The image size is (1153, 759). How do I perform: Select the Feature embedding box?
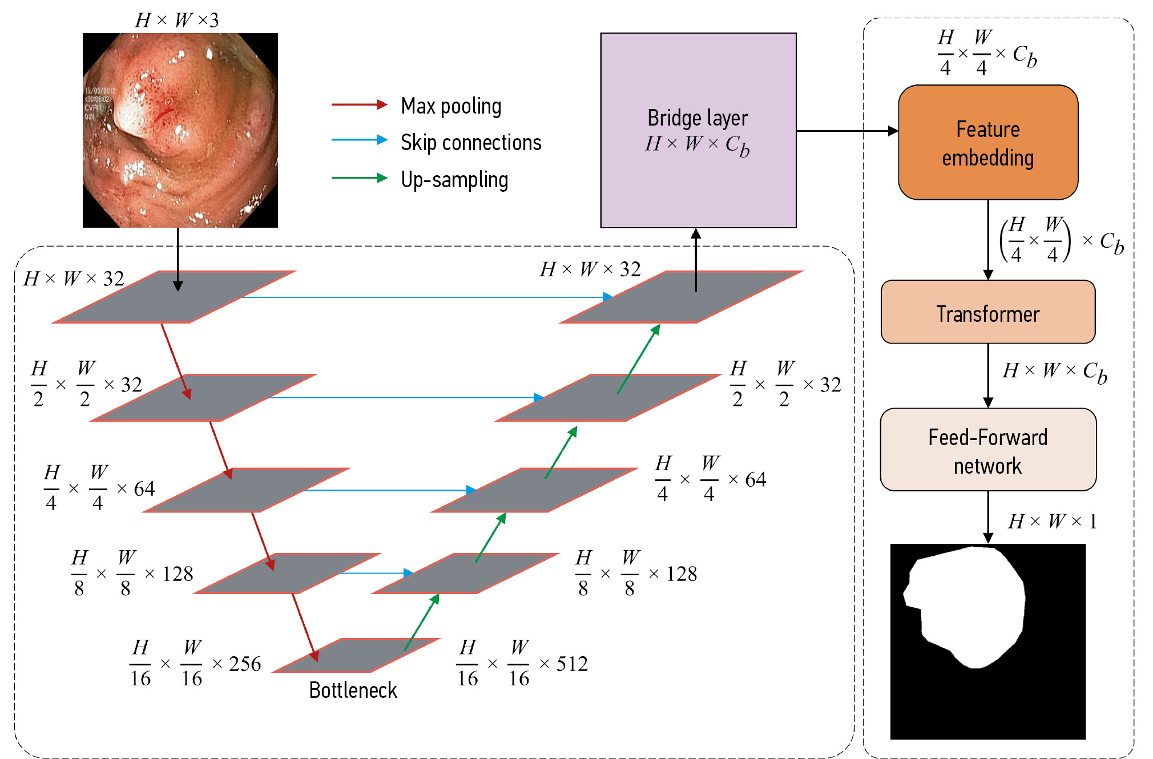(x=987, y=143)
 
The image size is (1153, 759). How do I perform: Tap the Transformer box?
(x=987, y=312)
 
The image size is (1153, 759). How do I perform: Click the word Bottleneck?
(x=353, y=691)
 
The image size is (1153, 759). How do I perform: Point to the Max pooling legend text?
(x=451, y=106)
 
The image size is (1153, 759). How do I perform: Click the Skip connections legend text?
(x=471, y=143)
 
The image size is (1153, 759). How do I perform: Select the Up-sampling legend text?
(x=454, y=180)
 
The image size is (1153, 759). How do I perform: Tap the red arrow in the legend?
(x=359, y=104)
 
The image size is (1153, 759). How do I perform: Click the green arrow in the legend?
(x=359, y=178)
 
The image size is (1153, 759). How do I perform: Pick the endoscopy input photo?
(x=180, y=130)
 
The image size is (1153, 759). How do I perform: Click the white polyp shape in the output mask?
(x=970, y=605)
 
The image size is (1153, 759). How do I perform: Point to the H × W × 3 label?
(x=177, y=21)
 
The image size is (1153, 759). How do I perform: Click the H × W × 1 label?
(x=1052, y=521)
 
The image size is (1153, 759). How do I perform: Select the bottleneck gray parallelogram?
(x=357, y=655)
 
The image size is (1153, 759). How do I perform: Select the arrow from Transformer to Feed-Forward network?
(x=988, y=376)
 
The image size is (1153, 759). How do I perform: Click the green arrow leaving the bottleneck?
(x=422, y=622)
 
